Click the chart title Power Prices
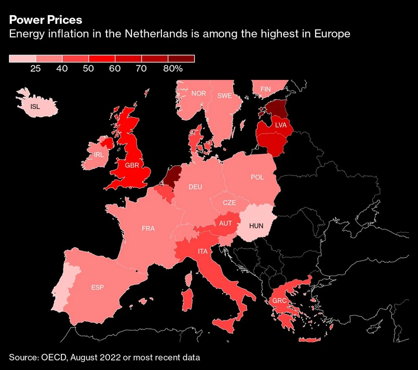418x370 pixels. [45, 20]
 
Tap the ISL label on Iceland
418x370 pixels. [35, 107]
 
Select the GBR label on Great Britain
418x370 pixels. [131, 166]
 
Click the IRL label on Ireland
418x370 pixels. [99, 155]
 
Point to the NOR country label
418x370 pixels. [198, 93]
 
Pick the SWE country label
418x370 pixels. [224, 95]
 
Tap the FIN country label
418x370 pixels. [265, 89]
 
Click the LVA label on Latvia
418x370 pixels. [281, 125]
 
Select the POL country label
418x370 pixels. [257, 177]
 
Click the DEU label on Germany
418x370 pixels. [195, 187]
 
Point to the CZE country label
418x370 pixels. [229, 203]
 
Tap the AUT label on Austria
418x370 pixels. [225, 224]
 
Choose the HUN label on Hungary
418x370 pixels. [257, 226]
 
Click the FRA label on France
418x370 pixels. [148, 228]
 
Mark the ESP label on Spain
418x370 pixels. [97, 287]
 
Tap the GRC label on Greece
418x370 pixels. [279, 300]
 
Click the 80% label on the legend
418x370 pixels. [172, 68]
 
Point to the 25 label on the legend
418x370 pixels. [36, 68]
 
